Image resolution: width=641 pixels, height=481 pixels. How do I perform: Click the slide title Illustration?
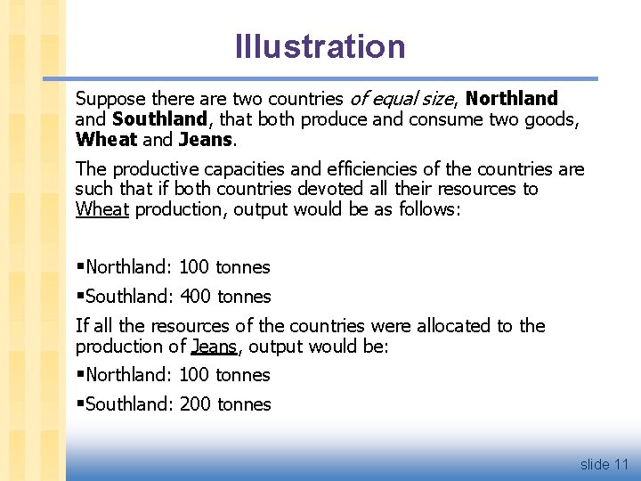320,46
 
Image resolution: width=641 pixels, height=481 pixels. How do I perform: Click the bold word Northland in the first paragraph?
511,99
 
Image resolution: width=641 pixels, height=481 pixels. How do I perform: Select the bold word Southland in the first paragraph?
160,119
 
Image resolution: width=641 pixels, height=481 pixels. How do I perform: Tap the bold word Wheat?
107,140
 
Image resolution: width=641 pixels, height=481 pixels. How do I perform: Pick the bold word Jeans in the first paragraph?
205,140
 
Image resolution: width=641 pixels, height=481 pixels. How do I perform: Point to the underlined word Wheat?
102,209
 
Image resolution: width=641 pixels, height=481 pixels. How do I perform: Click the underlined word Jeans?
213,346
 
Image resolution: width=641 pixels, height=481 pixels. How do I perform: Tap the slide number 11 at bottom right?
621,464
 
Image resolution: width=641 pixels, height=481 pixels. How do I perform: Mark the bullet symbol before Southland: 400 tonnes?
80,297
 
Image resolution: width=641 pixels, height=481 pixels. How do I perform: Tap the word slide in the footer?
594,464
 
